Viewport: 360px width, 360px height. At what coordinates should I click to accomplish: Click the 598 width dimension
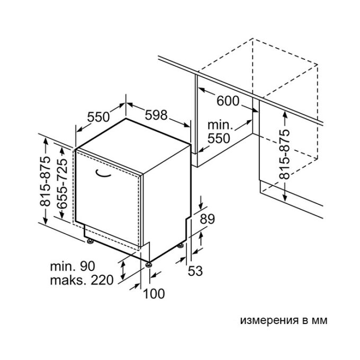coord(156,115)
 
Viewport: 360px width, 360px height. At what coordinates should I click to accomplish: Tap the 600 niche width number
coord(228,101)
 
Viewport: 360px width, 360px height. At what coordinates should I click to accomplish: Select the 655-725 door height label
coord(62,184)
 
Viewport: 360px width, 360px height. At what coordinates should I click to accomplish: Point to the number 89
coord(208,219)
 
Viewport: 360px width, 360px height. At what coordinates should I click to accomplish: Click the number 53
coord(195,271)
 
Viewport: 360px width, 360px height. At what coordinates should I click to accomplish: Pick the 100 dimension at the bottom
coord(154,294)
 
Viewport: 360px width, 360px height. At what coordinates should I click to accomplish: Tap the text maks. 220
coord(82,280)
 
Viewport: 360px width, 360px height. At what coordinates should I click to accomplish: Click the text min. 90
coord(73,266)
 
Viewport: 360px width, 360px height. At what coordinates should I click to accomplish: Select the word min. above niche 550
coord(220,125)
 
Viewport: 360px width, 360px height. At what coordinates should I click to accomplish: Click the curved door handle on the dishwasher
coord(103,174)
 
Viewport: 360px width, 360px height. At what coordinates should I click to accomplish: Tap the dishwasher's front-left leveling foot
coord(90,241)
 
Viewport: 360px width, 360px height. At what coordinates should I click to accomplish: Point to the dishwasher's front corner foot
coord(149,265)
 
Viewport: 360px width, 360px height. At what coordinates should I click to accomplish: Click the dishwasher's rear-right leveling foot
coord(180,246)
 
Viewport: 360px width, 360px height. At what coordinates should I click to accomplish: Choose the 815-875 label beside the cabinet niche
coord(284,155)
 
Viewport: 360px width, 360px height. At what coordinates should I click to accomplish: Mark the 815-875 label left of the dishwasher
coord(45,182)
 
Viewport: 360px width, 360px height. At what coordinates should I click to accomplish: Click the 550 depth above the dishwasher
coord(98,117)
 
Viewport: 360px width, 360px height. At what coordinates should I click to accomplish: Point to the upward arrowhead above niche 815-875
coord(285,114)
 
